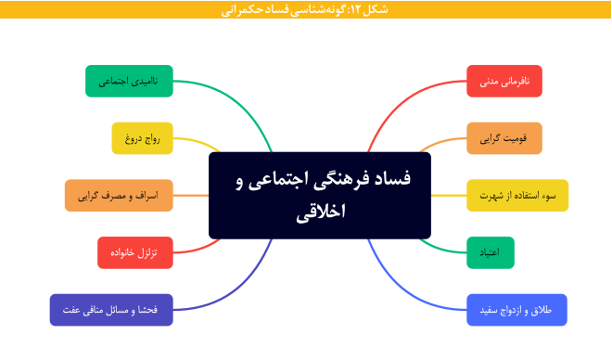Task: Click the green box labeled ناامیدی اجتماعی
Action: pyautogui.click(x=129, y=82)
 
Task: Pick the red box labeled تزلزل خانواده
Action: pyautogui.click(x=134, y=252)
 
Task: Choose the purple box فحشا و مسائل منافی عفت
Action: pyautogui.click(x=111, y=309)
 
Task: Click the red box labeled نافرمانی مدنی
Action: pyautogui.click(x=504, y=82)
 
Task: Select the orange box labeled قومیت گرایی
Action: pyautogui.click(x=504, y=138)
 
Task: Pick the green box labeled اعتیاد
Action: pyautogui.click(x=491, y=252)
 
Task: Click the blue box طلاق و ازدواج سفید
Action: pyautogui.click(x=516, y=309)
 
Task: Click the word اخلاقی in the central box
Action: pyautogui.click(x=319, y=212)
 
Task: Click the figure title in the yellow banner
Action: pyautogui.click(x=306, y=9)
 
